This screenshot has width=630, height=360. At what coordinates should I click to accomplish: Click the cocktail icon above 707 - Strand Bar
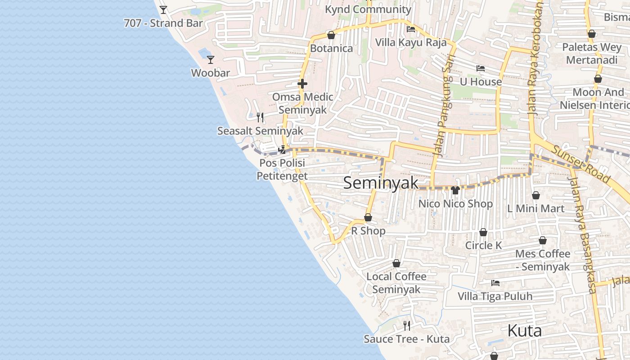pos(163,9)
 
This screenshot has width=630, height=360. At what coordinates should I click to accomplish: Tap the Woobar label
pos(210,73)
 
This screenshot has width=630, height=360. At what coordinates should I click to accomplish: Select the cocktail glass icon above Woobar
pos(210,59)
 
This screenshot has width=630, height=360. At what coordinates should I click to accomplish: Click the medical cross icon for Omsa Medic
pos(302,84)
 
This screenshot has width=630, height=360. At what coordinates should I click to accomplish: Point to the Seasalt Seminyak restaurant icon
pos(260,117)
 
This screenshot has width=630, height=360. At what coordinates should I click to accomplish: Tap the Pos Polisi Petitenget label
pos(282,169)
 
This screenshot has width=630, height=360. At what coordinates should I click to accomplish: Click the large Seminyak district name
pos(381,183)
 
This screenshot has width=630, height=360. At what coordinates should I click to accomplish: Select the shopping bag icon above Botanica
pos(331,35)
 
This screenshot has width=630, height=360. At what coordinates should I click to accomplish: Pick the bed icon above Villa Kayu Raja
pos(411,30)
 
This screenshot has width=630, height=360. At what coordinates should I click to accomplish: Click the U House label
pos(481,82)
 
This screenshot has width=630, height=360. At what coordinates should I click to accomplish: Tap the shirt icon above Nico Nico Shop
pos(455,190)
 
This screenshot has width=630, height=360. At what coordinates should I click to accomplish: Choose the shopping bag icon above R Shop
pos(368,218)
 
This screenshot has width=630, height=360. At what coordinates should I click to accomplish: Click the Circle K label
pos(483,246)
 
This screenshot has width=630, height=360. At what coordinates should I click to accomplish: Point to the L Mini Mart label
pos(535,209)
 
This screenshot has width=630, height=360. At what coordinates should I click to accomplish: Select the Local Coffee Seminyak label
pos(396,283)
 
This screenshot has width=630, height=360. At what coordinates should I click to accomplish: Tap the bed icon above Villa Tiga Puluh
pos(495,283)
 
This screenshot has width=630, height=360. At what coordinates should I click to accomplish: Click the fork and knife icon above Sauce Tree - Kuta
pos(407,325)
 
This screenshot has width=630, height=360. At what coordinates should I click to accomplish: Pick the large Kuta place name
pos(524,331)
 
